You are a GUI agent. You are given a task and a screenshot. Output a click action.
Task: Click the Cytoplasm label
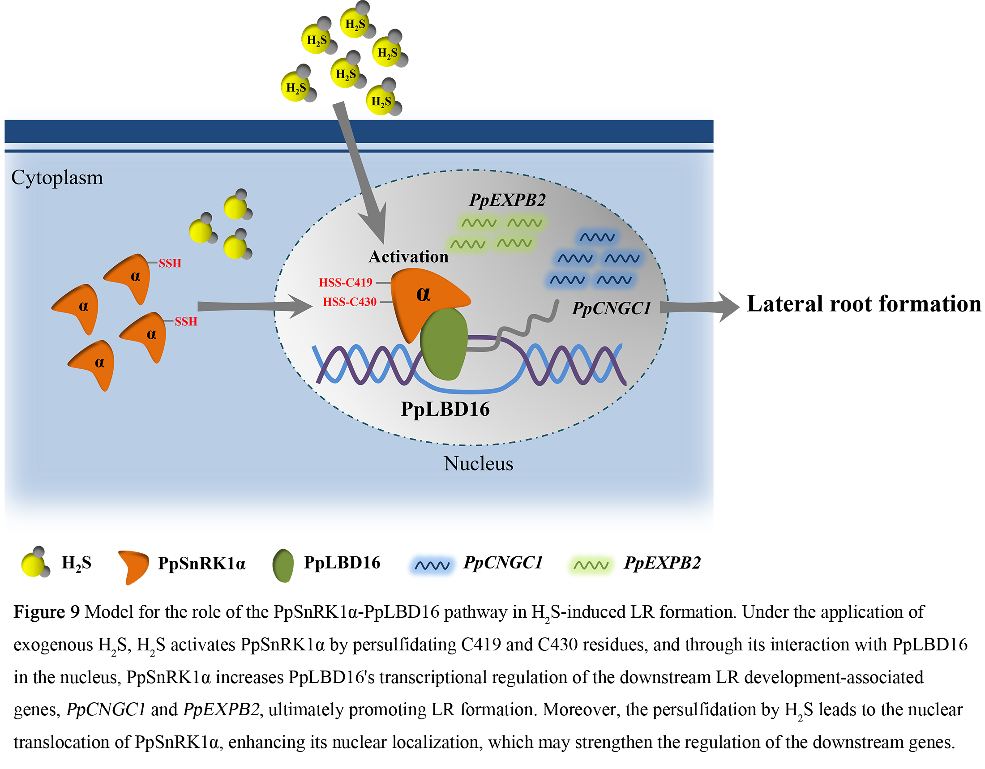(57, 178)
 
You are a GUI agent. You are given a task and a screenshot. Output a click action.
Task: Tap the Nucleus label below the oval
(478, 464)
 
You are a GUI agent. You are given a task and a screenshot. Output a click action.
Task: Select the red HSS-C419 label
(346, 282)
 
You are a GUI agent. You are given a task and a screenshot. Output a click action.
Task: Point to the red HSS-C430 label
(350, 302)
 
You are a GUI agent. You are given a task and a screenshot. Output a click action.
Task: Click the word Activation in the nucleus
(408, 257)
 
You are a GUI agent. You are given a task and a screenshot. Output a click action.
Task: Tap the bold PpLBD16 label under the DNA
(445, 409)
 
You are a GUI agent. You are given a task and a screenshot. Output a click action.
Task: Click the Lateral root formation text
(863, 304)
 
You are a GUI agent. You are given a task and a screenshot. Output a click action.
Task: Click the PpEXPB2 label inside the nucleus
(507, 200)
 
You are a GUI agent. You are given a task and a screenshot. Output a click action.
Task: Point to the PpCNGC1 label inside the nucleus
(611, 308)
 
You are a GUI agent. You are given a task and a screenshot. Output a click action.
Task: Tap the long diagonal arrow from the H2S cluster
(361, 171)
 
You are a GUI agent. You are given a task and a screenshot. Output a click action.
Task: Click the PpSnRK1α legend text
(201, 564)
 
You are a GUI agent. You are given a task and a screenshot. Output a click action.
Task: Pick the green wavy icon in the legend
(591, 565)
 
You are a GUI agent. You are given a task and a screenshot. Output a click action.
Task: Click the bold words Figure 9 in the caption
(47, 613)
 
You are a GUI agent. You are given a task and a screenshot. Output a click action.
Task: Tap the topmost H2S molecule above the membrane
(356, 22)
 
